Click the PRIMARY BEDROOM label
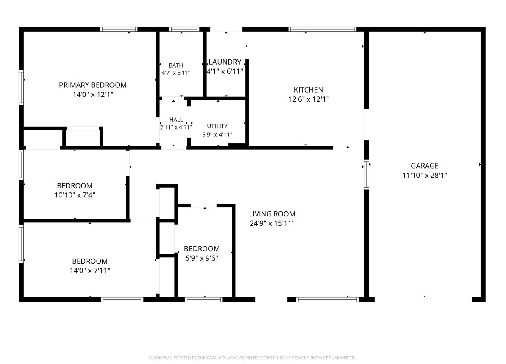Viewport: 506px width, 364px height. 93,85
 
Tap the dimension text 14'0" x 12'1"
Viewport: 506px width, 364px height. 93,95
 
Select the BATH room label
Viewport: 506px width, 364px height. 176,65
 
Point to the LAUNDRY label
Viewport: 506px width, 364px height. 225,62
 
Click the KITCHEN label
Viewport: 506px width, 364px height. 309,89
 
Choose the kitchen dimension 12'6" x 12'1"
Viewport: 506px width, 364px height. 309,99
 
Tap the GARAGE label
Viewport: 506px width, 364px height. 425,166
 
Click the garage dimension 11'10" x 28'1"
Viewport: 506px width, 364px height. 425,175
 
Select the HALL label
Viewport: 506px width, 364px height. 176,120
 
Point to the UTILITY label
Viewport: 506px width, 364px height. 217,126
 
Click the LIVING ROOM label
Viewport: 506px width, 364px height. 272,214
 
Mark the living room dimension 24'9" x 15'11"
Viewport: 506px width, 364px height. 272,223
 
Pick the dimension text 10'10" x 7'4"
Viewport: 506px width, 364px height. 75,195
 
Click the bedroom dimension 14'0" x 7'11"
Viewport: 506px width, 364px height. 90,271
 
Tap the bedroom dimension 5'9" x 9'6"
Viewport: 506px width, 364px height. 202,258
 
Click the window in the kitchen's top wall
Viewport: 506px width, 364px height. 322,29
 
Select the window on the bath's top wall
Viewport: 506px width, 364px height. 184,29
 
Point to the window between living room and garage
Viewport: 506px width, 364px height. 366,174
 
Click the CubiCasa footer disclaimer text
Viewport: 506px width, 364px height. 252,358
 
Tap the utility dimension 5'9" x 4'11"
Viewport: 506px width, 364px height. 217,135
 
